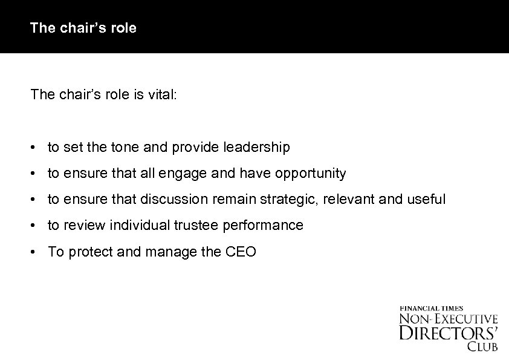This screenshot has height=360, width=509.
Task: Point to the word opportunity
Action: (311, 174)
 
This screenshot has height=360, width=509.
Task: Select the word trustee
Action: (199, 225)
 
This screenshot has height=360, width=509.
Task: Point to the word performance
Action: (264, 225)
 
